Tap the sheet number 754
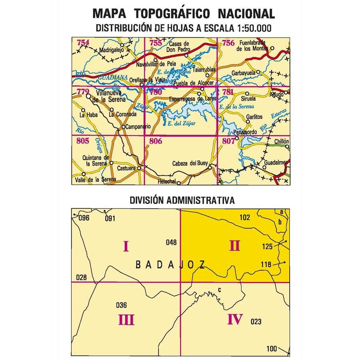(x=83, y=43)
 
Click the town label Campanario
(x=138, y=127)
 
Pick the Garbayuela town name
(x=244, y=73)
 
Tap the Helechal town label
(x=166, y=182)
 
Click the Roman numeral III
(x=126, y=320)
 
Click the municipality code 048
(x=171, y=242)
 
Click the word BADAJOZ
(x=170, y=264)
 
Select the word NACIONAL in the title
(x=246, y=14)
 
